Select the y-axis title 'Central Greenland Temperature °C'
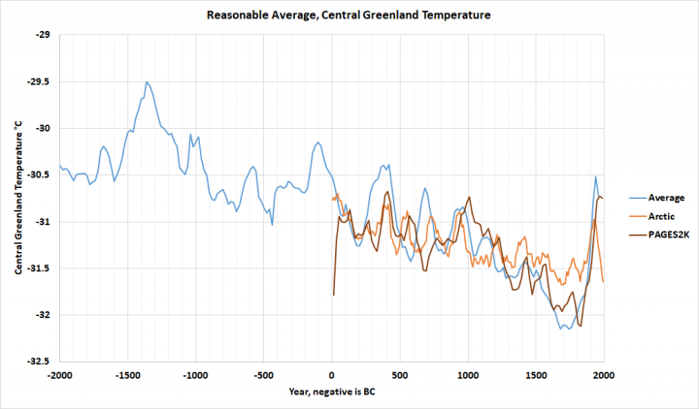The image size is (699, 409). click(17, 198)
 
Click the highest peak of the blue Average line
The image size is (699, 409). click(146, 82)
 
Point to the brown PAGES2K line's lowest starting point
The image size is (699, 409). click(333, 295)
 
